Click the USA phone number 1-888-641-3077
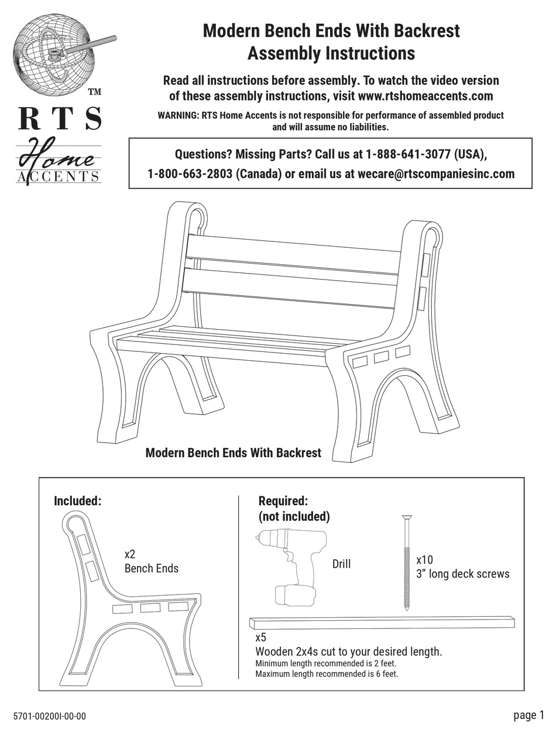pyautogui.click(x=407, y=155)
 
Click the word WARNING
pyautogui.click(x=178, y=116)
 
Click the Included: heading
pyautogui.click(x=78, y=501)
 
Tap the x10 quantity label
pyautogui.click(x=424, y=559)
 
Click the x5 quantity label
pyautogui.click(x=261, y=638)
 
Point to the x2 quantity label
pyautogui.click(x=130, y=554)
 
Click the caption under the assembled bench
pyautogui.click(x=233, y=453)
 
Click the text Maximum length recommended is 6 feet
pyautogui.click(x=327, y=674)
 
